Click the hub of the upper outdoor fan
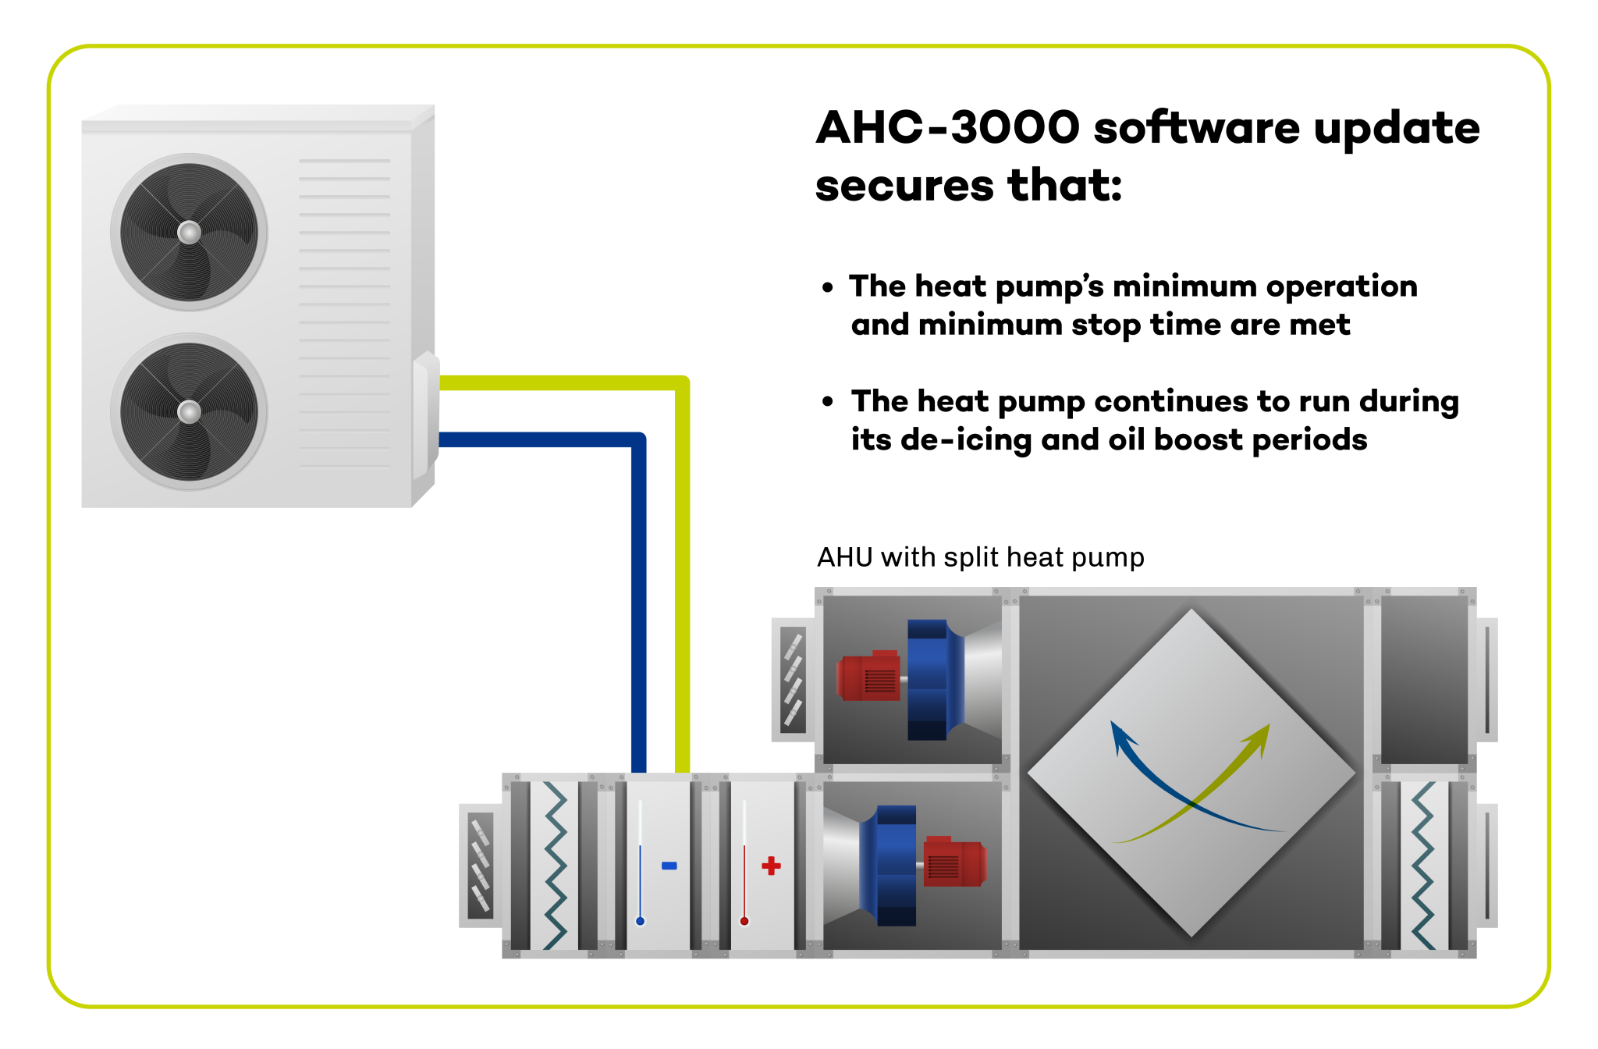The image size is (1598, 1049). point(189,232)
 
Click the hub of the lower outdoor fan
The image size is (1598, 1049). point(189,411)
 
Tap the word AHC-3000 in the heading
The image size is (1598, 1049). point(947,128)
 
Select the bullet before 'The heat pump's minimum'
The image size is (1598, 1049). point(828,287)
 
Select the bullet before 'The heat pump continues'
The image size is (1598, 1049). point(828,402)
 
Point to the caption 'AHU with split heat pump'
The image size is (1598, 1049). point(980,557)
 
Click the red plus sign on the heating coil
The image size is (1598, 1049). point(771,865)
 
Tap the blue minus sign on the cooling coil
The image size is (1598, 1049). point(669,865)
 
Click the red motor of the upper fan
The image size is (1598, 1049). point(868,676)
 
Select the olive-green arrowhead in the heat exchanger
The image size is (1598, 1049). point(1259,737)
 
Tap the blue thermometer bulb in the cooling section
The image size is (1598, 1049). point(640,921)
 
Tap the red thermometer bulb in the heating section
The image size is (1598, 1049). point(744,921)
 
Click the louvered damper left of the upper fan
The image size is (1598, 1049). point(793,679)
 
